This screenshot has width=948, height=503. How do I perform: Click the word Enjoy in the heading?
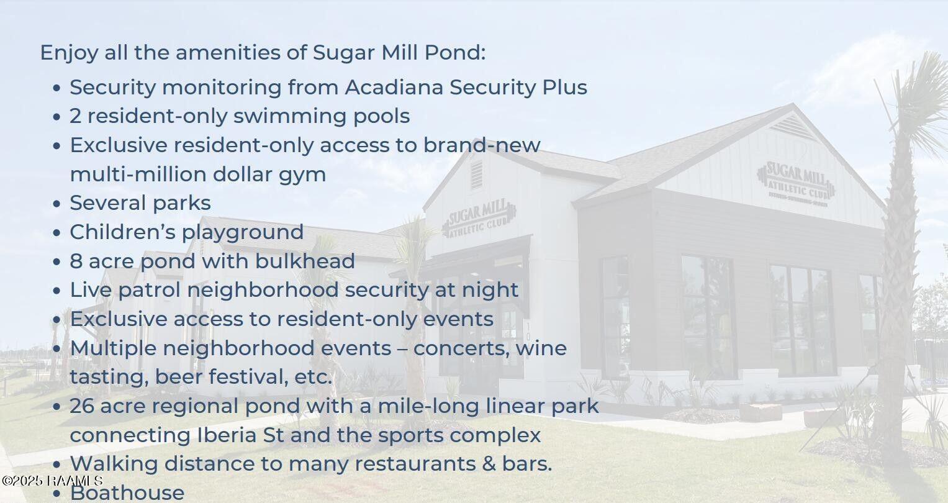point(69,53)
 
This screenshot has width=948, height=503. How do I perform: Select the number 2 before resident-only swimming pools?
point(75,117)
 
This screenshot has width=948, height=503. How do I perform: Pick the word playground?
point(243,233)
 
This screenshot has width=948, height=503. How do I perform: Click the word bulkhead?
point(305,261)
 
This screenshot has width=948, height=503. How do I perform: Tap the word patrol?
point(150,291)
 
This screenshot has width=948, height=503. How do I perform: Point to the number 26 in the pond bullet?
point(82,406)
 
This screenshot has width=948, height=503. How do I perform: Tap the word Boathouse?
point(127,493)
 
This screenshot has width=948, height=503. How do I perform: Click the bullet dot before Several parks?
point(56,204)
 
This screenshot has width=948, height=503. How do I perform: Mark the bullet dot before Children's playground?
point(56,232)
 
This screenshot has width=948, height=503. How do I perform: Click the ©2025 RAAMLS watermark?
point(52,481)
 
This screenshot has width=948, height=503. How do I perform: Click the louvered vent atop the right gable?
point(792,127)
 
